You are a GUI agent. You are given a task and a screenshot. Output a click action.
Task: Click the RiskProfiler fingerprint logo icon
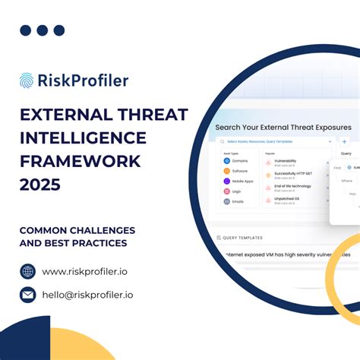pos(27,81)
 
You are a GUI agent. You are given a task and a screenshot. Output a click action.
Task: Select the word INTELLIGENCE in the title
pos(83,137)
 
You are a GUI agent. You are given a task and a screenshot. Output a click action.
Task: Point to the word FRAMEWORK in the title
pos(81,161)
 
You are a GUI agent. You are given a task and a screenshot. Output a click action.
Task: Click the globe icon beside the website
pos(28,271)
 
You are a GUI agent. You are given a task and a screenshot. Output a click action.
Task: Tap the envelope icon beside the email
pos(28,295)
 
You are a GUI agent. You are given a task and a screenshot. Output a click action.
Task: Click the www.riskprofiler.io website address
pos(85,271)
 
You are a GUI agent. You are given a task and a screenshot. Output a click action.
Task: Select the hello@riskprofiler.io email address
pos(87,295)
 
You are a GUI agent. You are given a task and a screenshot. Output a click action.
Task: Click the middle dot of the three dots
pos(43,30)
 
